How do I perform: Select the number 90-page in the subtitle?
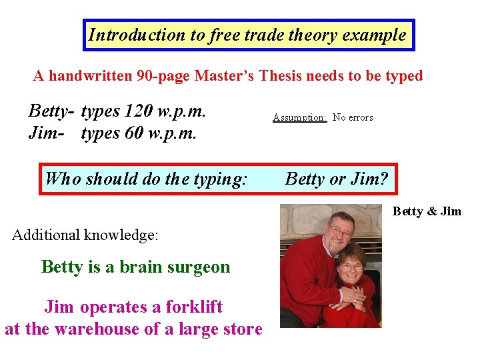[163, 75]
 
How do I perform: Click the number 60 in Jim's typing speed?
[134, 133]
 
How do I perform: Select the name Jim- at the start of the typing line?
[46, 133]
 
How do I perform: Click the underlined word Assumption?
[299, 117]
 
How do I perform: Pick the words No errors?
[353, 117]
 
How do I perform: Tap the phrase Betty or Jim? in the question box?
[337, 178]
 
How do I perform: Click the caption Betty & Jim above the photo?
[427, 211]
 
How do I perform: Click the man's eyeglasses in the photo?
[339, 231]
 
